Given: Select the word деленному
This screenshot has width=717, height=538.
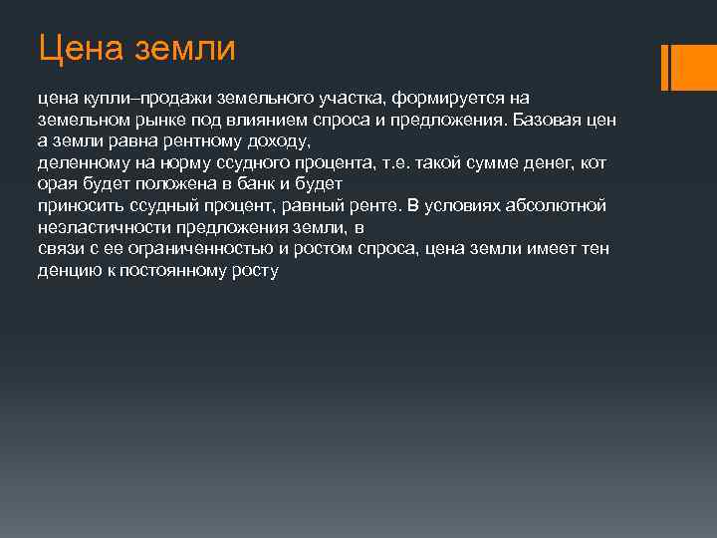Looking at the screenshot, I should (x=77, y=162).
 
